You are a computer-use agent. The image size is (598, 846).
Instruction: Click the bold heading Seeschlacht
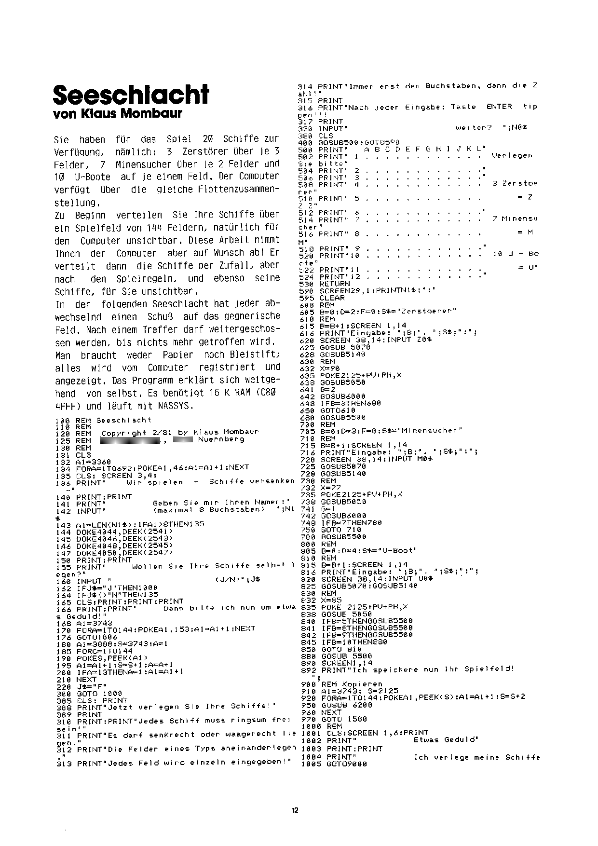[131, 95]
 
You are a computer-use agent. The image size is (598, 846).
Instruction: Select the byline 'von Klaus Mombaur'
[118, 115]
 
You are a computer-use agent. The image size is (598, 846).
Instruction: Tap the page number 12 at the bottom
[295, 810]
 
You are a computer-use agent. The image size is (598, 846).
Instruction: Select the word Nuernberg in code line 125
[221, 439]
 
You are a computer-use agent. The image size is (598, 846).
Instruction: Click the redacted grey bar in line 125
[130, 439]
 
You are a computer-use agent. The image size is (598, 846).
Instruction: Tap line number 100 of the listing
[63, 420]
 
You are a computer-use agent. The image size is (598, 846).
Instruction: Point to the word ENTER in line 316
[499, 107]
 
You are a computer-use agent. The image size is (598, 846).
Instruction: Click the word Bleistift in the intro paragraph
[256, 355]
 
